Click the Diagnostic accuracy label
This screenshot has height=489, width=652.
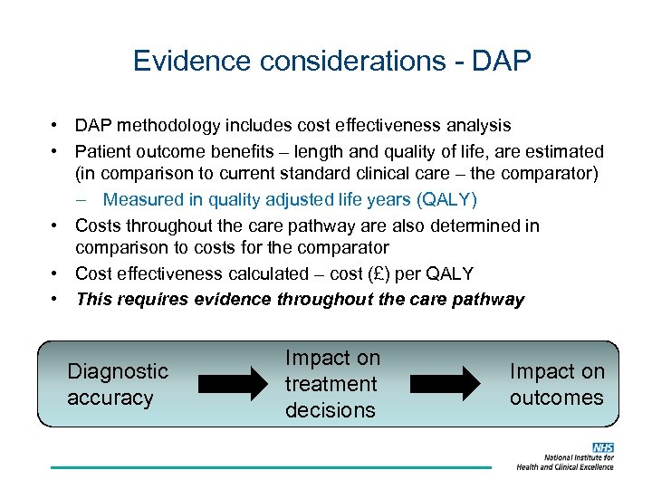(118, 384)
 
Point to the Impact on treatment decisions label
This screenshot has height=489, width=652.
(332, 384)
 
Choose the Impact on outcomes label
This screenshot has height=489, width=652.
(556, 384)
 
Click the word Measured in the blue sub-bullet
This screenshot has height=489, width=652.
(143, 199)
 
